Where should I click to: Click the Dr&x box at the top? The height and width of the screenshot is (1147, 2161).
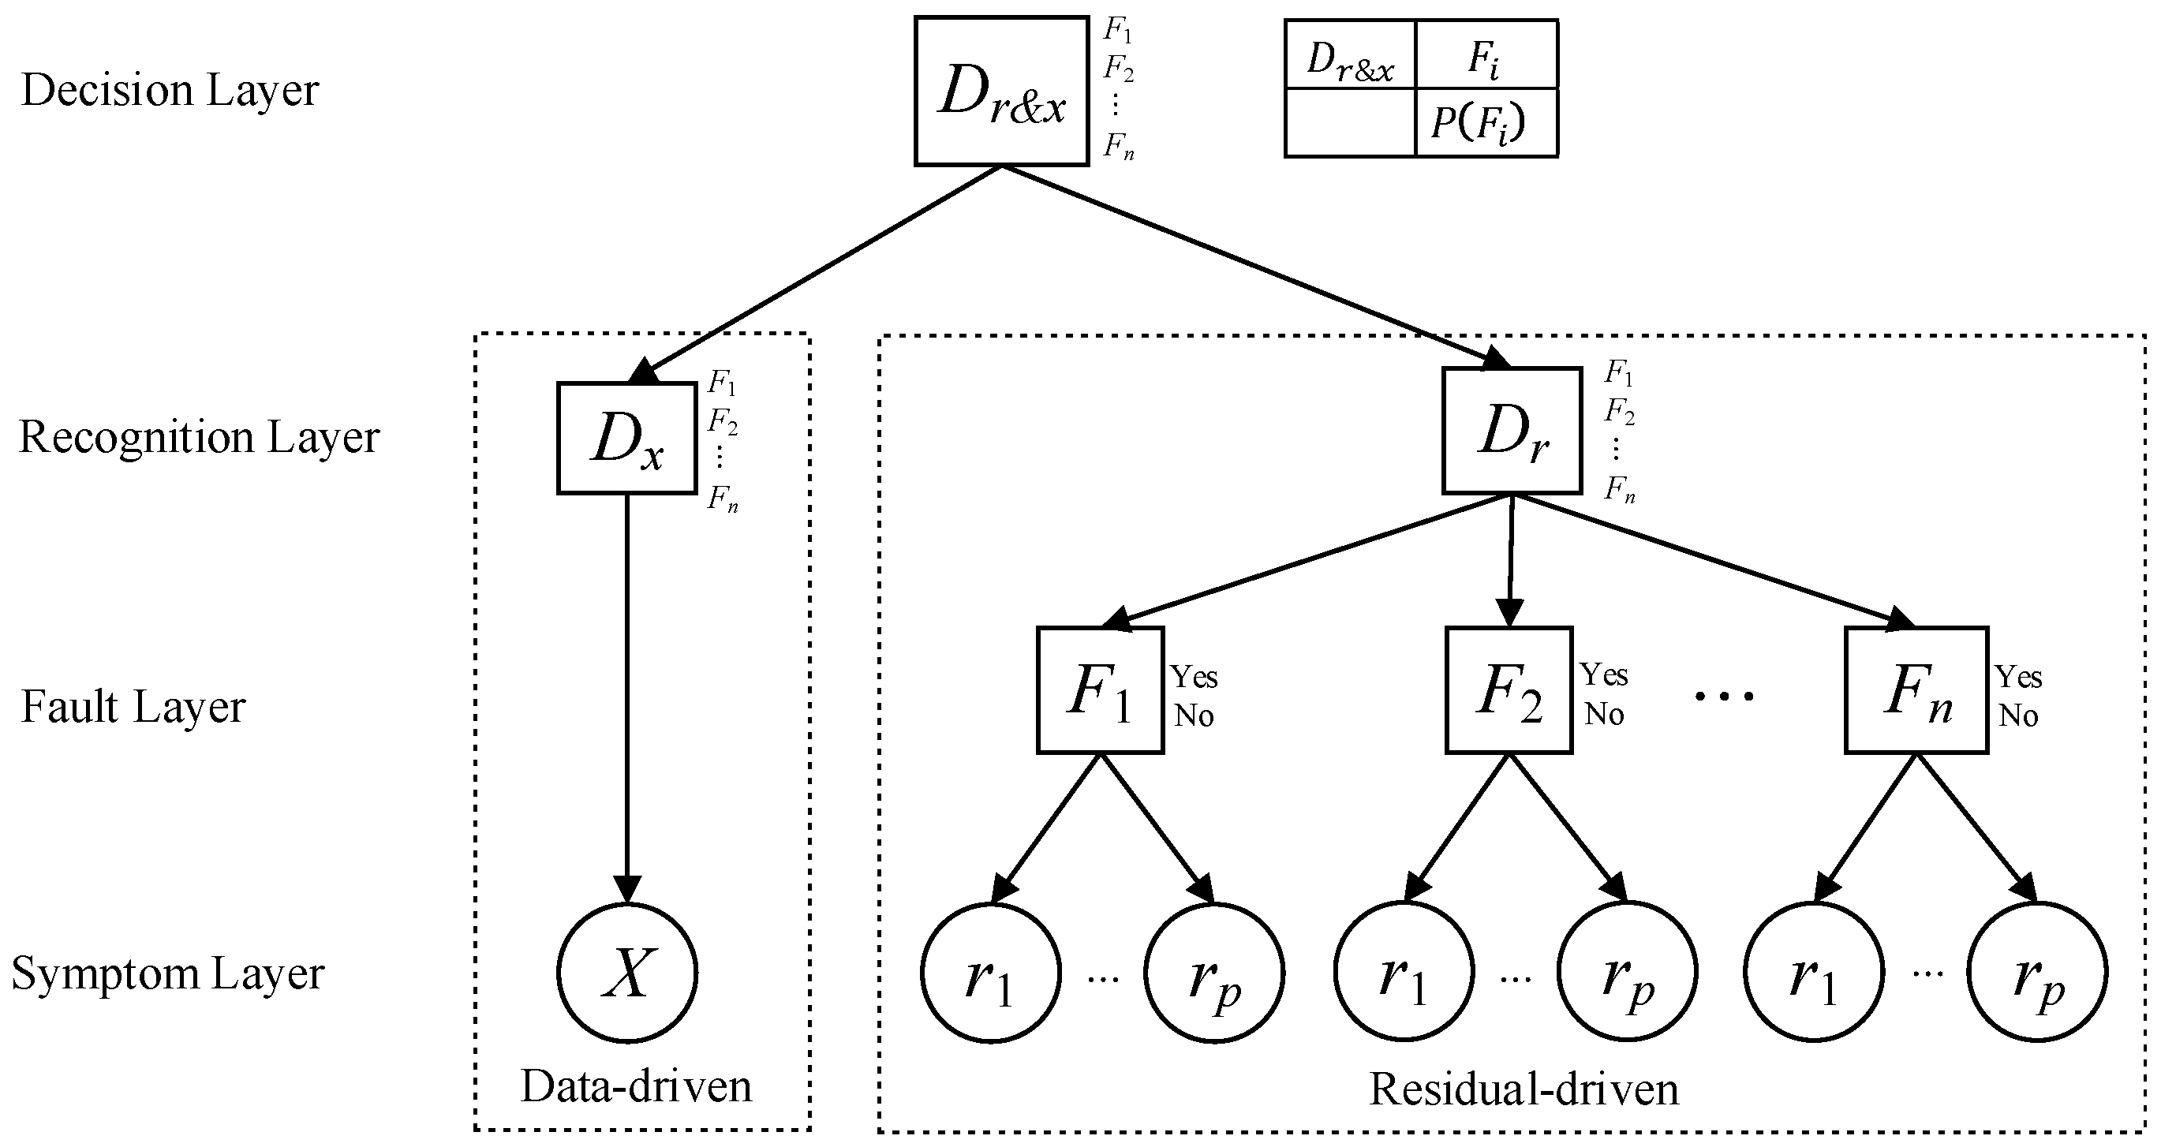1002,91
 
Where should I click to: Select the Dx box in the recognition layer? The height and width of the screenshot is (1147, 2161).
626,438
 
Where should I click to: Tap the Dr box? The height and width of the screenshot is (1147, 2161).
1512,432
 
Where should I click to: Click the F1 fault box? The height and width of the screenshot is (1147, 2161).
1100,690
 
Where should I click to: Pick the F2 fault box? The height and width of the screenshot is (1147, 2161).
1509,690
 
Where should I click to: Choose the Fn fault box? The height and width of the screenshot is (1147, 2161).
1916,690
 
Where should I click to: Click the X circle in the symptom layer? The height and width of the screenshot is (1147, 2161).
626,973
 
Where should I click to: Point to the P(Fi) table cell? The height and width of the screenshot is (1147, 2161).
1485,123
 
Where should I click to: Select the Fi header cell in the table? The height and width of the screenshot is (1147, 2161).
1485,55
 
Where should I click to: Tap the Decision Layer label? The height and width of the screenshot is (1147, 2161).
170,91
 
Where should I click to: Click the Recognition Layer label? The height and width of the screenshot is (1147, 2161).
199,437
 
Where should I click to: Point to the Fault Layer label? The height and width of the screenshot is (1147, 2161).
133,707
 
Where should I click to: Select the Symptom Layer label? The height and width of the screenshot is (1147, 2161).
168,974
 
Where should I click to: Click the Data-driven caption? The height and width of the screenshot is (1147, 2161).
636,1086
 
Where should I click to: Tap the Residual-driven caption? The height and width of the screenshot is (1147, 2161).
1524,1090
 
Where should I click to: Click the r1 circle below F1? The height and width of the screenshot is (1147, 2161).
991,973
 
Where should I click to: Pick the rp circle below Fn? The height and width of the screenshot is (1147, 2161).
2039,973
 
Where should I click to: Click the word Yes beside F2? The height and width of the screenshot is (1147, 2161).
1604,674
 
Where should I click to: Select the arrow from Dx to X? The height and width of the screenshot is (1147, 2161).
627,688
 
